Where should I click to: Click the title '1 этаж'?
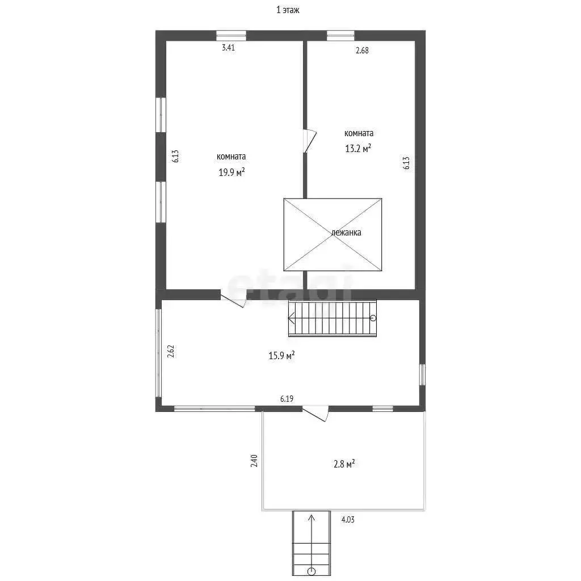288,10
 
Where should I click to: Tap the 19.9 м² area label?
231,172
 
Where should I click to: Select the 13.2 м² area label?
358,148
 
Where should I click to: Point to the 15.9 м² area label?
281,355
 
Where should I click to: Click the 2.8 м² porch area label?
344,464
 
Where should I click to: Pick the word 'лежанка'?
346,233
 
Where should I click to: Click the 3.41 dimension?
228,48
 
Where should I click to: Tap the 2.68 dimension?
362,50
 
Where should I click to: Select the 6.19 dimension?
287,399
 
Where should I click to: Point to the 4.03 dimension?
348,520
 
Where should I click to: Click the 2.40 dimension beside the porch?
254,461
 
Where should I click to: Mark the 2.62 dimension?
171,351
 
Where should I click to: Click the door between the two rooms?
309,141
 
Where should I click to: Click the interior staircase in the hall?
332,318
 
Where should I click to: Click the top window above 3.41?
231,35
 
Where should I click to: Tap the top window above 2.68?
340,35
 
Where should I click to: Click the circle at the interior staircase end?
373,318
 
